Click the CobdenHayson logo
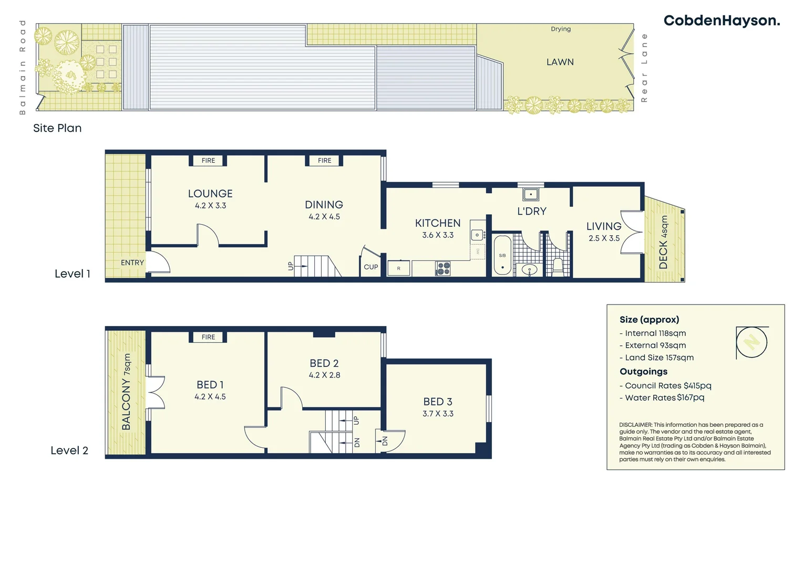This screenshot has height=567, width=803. tap(721, 21)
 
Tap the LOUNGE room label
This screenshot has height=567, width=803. tap(210, 194)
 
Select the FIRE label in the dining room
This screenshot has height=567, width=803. tap(324, 161)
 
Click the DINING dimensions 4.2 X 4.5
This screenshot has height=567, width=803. tap(324, 217)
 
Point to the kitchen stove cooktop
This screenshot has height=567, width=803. tap(443, 269)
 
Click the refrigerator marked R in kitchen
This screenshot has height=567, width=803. tap(398, 268)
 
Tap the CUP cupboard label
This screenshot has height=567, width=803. tap(371, 267)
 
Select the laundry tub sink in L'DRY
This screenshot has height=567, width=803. tap(531, 194)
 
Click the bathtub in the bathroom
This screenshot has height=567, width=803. tap(502, 255)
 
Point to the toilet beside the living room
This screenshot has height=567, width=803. tap(558, 266)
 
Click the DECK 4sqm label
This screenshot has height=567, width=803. tap(664, 242)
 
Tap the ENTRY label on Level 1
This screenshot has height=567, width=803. tap(132, 262)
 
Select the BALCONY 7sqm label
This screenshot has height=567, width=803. tap(126, 392)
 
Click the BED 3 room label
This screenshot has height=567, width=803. tap(438, 402)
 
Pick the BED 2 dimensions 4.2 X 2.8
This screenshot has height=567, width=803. tap(324, 375)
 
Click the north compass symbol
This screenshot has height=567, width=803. tap(751, 343)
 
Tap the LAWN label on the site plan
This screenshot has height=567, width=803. tap(560, 62)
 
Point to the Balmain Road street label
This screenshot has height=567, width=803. tap(22, 67)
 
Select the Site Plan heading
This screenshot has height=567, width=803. tap(57, 128)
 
